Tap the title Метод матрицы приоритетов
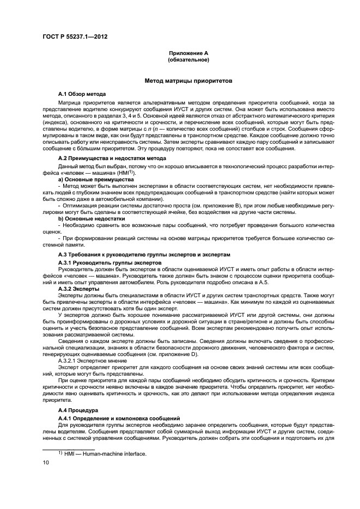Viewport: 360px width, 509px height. point(188,81)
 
